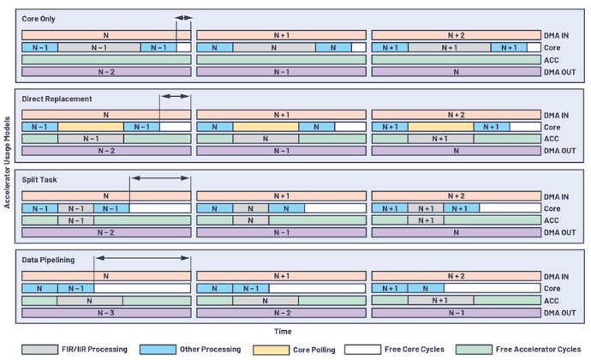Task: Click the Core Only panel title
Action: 39,19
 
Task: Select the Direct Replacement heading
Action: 57,99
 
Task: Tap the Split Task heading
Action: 39,180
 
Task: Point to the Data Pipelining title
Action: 48,260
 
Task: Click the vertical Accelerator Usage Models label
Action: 7,162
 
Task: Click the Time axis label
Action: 283,332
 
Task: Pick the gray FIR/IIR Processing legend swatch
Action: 39,350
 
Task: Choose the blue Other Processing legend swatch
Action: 158,350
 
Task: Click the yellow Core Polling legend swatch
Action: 271,350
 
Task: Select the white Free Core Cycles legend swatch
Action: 362,350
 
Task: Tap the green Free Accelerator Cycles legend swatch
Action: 474,350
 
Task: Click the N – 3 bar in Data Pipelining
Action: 106,313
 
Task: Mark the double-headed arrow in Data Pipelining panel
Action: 142,258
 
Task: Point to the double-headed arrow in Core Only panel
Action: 183,18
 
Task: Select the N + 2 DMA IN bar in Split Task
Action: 456,195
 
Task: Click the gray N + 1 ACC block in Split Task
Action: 426,220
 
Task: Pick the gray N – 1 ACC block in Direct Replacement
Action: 91,139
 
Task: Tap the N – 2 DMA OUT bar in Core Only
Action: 106,72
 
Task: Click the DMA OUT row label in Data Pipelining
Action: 559,313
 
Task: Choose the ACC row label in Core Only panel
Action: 551,60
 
